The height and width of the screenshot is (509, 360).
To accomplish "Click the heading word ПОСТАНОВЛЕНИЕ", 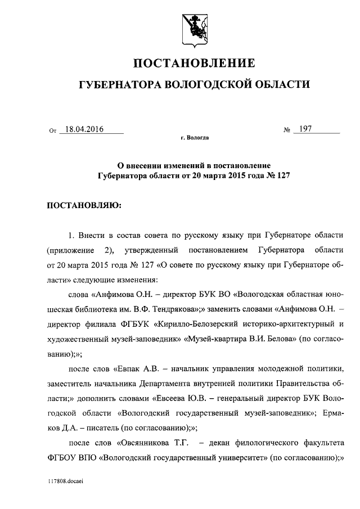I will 193,62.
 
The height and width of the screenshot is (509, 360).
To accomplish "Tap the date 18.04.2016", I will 84,129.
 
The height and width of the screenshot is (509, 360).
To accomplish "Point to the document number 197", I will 306,129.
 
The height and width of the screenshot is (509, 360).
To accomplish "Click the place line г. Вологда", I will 194,137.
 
